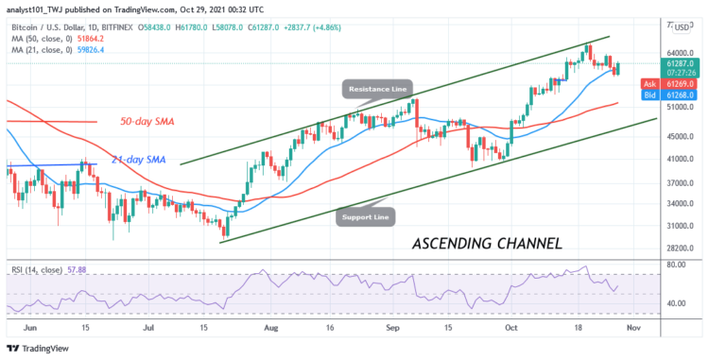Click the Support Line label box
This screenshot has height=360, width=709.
pos(366,215)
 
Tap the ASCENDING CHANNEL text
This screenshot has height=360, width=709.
pos(487,243)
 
